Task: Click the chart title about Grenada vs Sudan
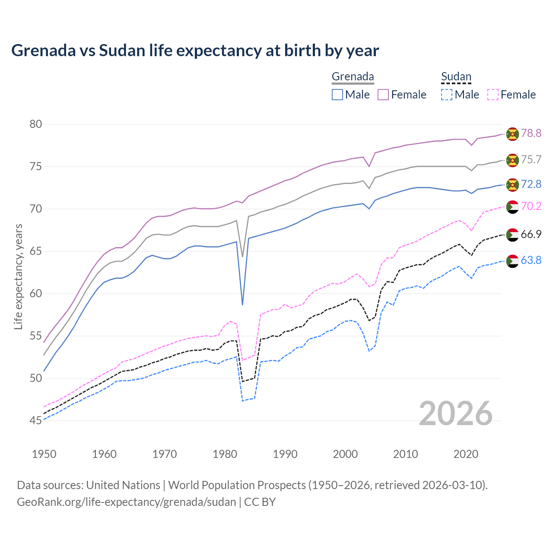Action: (x=195, y=51)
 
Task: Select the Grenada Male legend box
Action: (x=337, y=95)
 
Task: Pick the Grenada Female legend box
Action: (x=383, y=95)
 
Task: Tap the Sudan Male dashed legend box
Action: (x=447, y=95)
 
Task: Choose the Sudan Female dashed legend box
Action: (x=493, y=95)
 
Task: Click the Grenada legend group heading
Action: (x=353, y=77)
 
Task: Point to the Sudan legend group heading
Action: (x=456, y=77)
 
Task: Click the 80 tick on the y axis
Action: (x=36, y=124)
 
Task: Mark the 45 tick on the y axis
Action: (x=36, y=420)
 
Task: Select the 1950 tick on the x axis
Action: (x=44, y=454)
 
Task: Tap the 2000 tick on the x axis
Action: (x=345, y=454)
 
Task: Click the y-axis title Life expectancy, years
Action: (x=18, y=276)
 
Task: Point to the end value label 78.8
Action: (x=531, y=133)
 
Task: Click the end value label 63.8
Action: (x=531, y=260)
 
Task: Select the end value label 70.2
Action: (x=531, y=206)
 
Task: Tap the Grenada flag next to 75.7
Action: (x=512, y=160)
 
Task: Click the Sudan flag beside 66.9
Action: (x=512, y=235)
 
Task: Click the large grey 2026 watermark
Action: (x=455, y=413)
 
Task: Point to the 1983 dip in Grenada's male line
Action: (x=242, y=304)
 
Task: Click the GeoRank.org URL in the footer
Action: (x=126, y=502)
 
